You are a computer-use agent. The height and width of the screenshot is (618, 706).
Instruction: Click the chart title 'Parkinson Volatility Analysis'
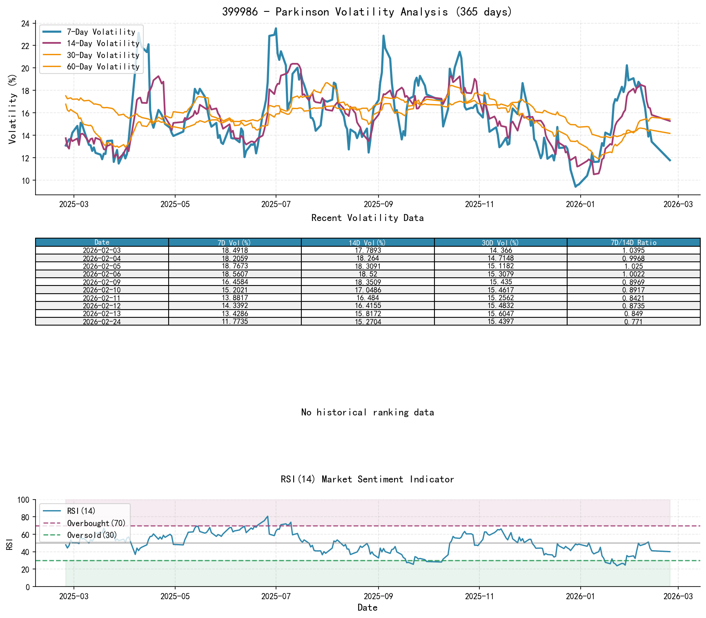[x=367, y=12]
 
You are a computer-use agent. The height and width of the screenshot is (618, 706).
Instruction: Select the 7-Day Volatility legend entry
[x=101, y=32]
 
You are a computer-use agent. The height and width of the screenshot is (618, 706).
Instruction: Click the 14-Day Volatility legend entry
[x=103, y=43]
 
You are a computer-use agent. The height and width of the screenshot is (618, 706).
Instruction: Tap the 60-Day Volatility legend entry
[x=103, y=67]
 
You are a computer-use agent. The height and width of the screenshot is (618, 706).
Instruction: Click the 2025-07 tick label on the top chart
[x=276, y=204]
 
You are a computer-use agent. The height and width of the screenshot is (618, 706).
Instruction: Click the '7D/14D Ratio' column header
[x=633, y=243]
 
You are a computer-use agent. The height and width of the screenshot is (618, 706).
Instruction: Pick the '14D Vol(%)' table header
[x=367, y=243]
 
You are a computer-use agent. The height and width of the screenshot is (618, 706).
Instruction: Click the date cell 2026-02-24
[x=102, y=321]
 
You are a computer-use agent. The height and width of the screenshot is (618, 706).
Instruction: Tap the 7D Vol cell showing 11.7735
[x=235, y=321]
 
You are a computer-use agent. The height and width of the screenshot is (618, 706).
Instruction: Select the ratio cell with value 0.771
[x=633, y=321]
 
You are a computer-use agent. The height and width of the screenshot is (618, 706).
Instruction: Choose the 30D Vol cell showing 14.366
[x=501, y=250]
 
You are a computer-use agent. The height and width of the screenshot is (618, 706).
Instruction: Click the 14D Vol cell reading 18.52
[x=367, y=274]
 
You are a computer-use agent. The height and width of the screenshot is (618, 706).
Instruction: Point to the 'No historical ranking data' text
[x=367, y=413]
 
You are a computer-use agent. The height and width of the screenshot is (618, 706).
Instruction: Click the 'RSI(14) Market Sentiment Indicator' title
[x=367, y=479]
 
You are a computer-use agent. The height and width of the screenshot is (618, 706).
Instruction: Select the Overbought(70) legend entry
[x=96, y=523]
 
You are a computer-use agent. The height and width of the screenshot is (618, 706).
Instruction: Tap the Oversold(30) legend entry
[x=92, y=535]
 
